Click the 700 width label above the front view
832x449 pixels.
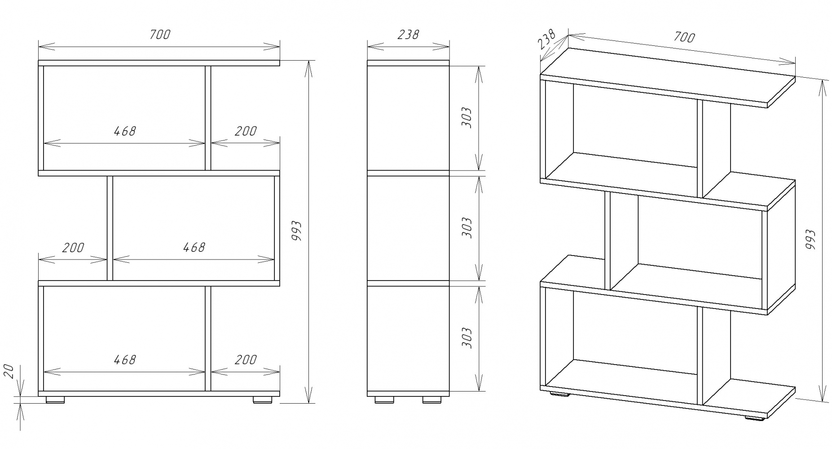coord(160,35)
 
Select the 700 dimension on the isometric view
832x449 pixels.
coord(684,37)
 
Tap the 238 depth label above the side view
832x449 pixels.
coord(408,35)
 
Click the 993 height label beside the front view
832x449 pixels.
coord(296,230)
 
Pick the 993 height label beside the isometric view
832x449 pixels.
coord(811,239)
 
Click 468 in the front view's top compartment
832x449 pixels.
coord(124,131)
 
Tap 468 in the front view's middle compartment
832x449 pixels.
coord(194,247)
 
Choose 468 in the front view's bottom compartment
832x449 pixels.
coord(124,360)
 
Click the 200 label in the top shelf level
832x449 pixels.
coord(246,131)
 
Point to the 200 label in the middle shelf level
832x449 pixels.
coord(73,247)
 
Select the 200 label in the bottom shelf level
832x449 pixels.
coord(246,360)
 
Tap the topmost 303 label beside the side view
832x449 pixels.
coord(467,118)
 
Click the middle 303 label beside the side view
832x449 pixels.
coord(467,228)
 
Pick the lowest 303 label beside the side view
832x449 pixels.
coord(467,338)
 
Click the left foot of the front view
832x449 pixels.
coord(55,399)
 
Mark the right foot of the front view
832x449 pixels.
coord(263,399)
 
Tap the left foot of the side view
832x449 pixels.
coord(383,399)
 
